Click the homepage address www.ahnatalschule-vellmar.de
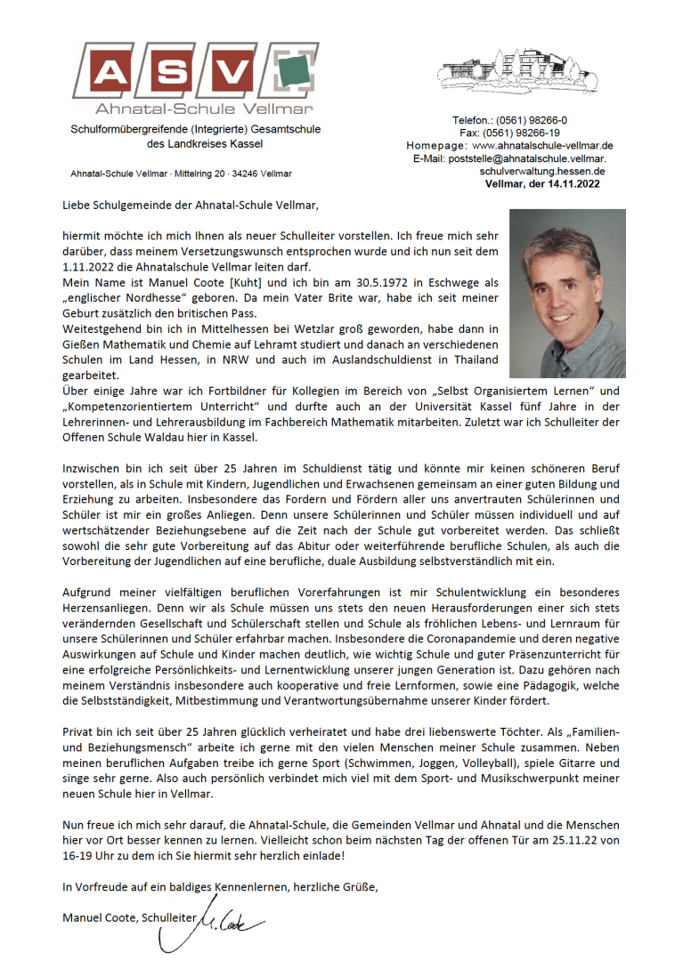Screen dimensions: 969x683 541,145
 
